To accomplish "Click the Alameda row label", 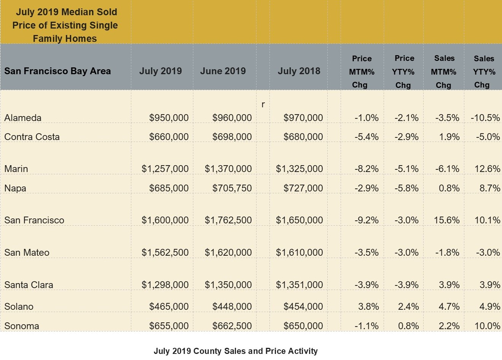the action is (x=23, y=118).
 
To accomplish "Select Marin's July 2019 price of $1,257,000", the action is (x=165, y=169).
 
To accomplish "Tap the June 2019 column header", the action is (x=223, y=71).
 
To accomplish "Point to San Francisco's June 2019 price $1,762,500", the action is (x=228, y=220).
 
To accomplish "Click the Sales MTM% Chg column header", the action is (x=444, y=72).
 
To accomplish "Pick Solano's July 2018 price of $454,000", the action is (x=303, y=306).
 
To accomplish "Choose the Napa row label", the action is (x=15, y=188).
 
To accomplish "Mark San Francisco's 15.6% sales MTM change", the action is (x=447, y=220).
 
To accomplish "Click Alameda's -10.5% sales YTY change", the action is (x=485, y=118).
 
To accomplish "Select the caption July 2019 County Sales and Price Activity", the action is (x=236, y=351).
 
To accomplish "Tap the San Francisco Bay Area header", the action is (x=57, y=71).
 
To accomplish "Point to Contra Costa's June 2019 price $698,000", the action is (x=232, y=137).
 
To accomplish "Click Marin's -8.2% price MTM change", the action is (x=367, y=169).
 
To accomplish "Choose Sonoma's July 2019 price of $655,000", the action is (x=169, y=326).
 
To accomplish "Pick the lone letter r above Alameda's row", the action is (x=263, y=104).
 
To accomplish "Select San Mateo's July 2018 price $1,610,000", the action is (x=300, y=252).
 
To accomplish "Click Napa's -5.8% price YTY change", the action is (x=406, y=188).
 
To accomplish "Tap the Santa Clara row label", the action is (x=29, y=285).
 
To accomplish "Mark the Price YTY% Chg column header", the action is (x=404, y=72).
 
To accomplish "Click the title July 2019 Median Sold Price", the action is (x=65, y=18).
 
